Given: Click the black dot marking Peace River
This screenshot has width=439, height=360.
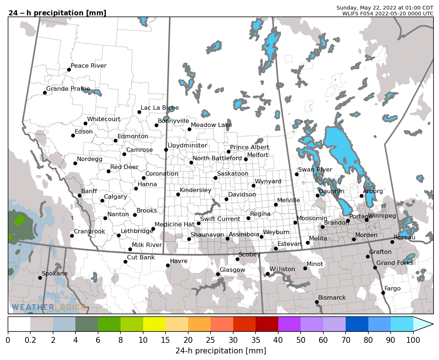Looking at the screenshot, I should pyautogui.click(x=69, y=70).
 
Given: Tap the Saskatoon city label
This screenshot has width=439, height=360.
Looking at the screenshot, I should pyautogui.click(x=232, y=174).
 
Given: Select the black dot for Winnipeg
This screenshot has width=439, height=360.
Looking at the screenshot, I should pyautogui.click(x=367, y=220).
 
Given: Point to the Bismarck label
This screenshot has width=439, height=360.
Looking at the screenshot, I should pyautogui.click(x=332, y=298).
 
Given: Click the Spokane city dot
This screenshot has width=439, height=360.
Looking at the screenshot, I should pyautogui.click(x=40, y=278).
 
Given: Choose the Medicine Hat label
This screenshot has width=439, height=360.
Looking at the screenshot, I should pyautogui.click(x=174, y=224).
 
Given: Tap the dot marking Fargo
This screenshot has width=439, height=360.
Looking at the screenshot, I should pyautogui.click(x=383, y=293).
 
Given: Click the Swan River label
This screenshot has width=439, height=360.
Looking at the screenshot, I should pyautogui.click(x=315, y=170).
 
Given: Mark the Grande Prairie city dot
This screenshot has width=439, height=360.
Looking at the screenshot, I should pyautogui.click(x=45, y=93).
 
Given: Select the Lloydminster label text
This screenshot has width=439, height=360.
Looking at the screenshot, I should pyautogui.click(x=187, y=146).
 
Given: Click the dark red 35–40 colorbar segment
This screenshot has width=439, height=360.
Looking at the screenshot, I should pyautogui.click(x=267, y=324).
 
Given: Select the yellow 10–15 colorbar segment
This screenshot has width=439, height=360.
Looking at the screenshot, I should pyautogui.click(x=154, y=324).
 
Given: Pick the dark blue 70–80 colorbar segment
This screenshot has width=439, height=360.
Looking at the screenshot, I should pyautogui.click(x=357, y=324).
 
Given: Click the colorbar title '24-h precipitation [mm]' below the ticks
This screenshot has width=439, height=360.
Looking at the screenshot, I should pyautogui.click(x=221, y=351).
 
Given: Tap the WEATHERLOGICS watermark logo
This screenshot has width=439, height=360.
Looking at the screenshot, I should pyautogui.click(x=49, y=307).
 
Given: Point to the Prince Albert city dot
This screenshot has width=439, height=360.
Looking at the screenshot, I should pyautogui.click(x=228, y=151).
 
